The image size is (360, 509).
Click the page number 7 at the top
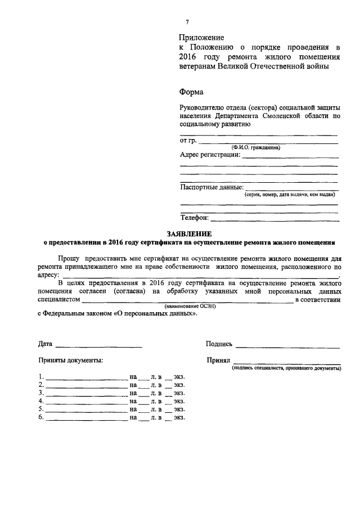(x=187, y=22)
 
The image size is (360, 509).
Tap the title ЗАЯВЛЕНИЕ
(x=188, y=233)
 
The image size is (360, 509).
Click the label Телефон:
(x=195, y=217)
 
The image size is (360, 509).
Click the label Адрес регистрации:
(x=210, y=155)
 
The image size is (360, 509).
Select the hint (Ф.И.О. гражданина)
(x=255, y=147)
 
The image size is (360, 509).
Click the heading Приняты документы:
(x=70, y=360)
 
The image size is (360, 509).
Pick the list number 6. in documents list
(x=41, y=417)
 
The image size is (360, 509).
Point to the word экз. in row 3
(x=179, y=393)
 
